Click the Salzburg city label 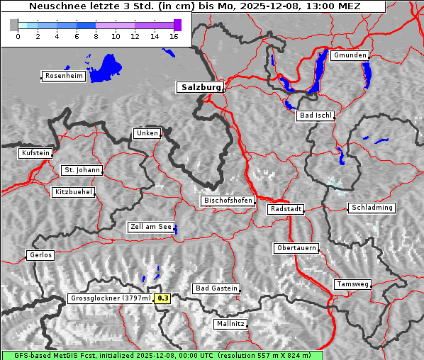[x=200, y=87]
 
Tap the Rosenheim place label [x=63, y=76]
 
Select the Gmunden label [x=350, y=55]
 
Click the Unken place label [x=146, y=133]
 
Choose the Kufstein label [x=35, y=153]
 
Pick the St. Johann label [x=82, y=170]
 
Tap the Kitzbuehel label [x=72, y=192]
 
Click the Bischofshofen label [x=228, y=201]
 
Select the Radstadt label [x=286, y=210]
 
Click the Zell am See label [x=151, y=227]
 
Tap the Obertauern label [x=296, y=249]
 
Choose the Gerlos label [x=40, y=255]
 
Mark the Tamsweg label [x=352, y=284]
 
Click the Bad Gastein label [x=216, y=288]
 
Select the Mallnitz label [x=230, y=324]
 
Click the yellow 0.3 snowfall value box [x=163, y=298]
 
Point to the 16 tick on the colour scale [x=174, y=35]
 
